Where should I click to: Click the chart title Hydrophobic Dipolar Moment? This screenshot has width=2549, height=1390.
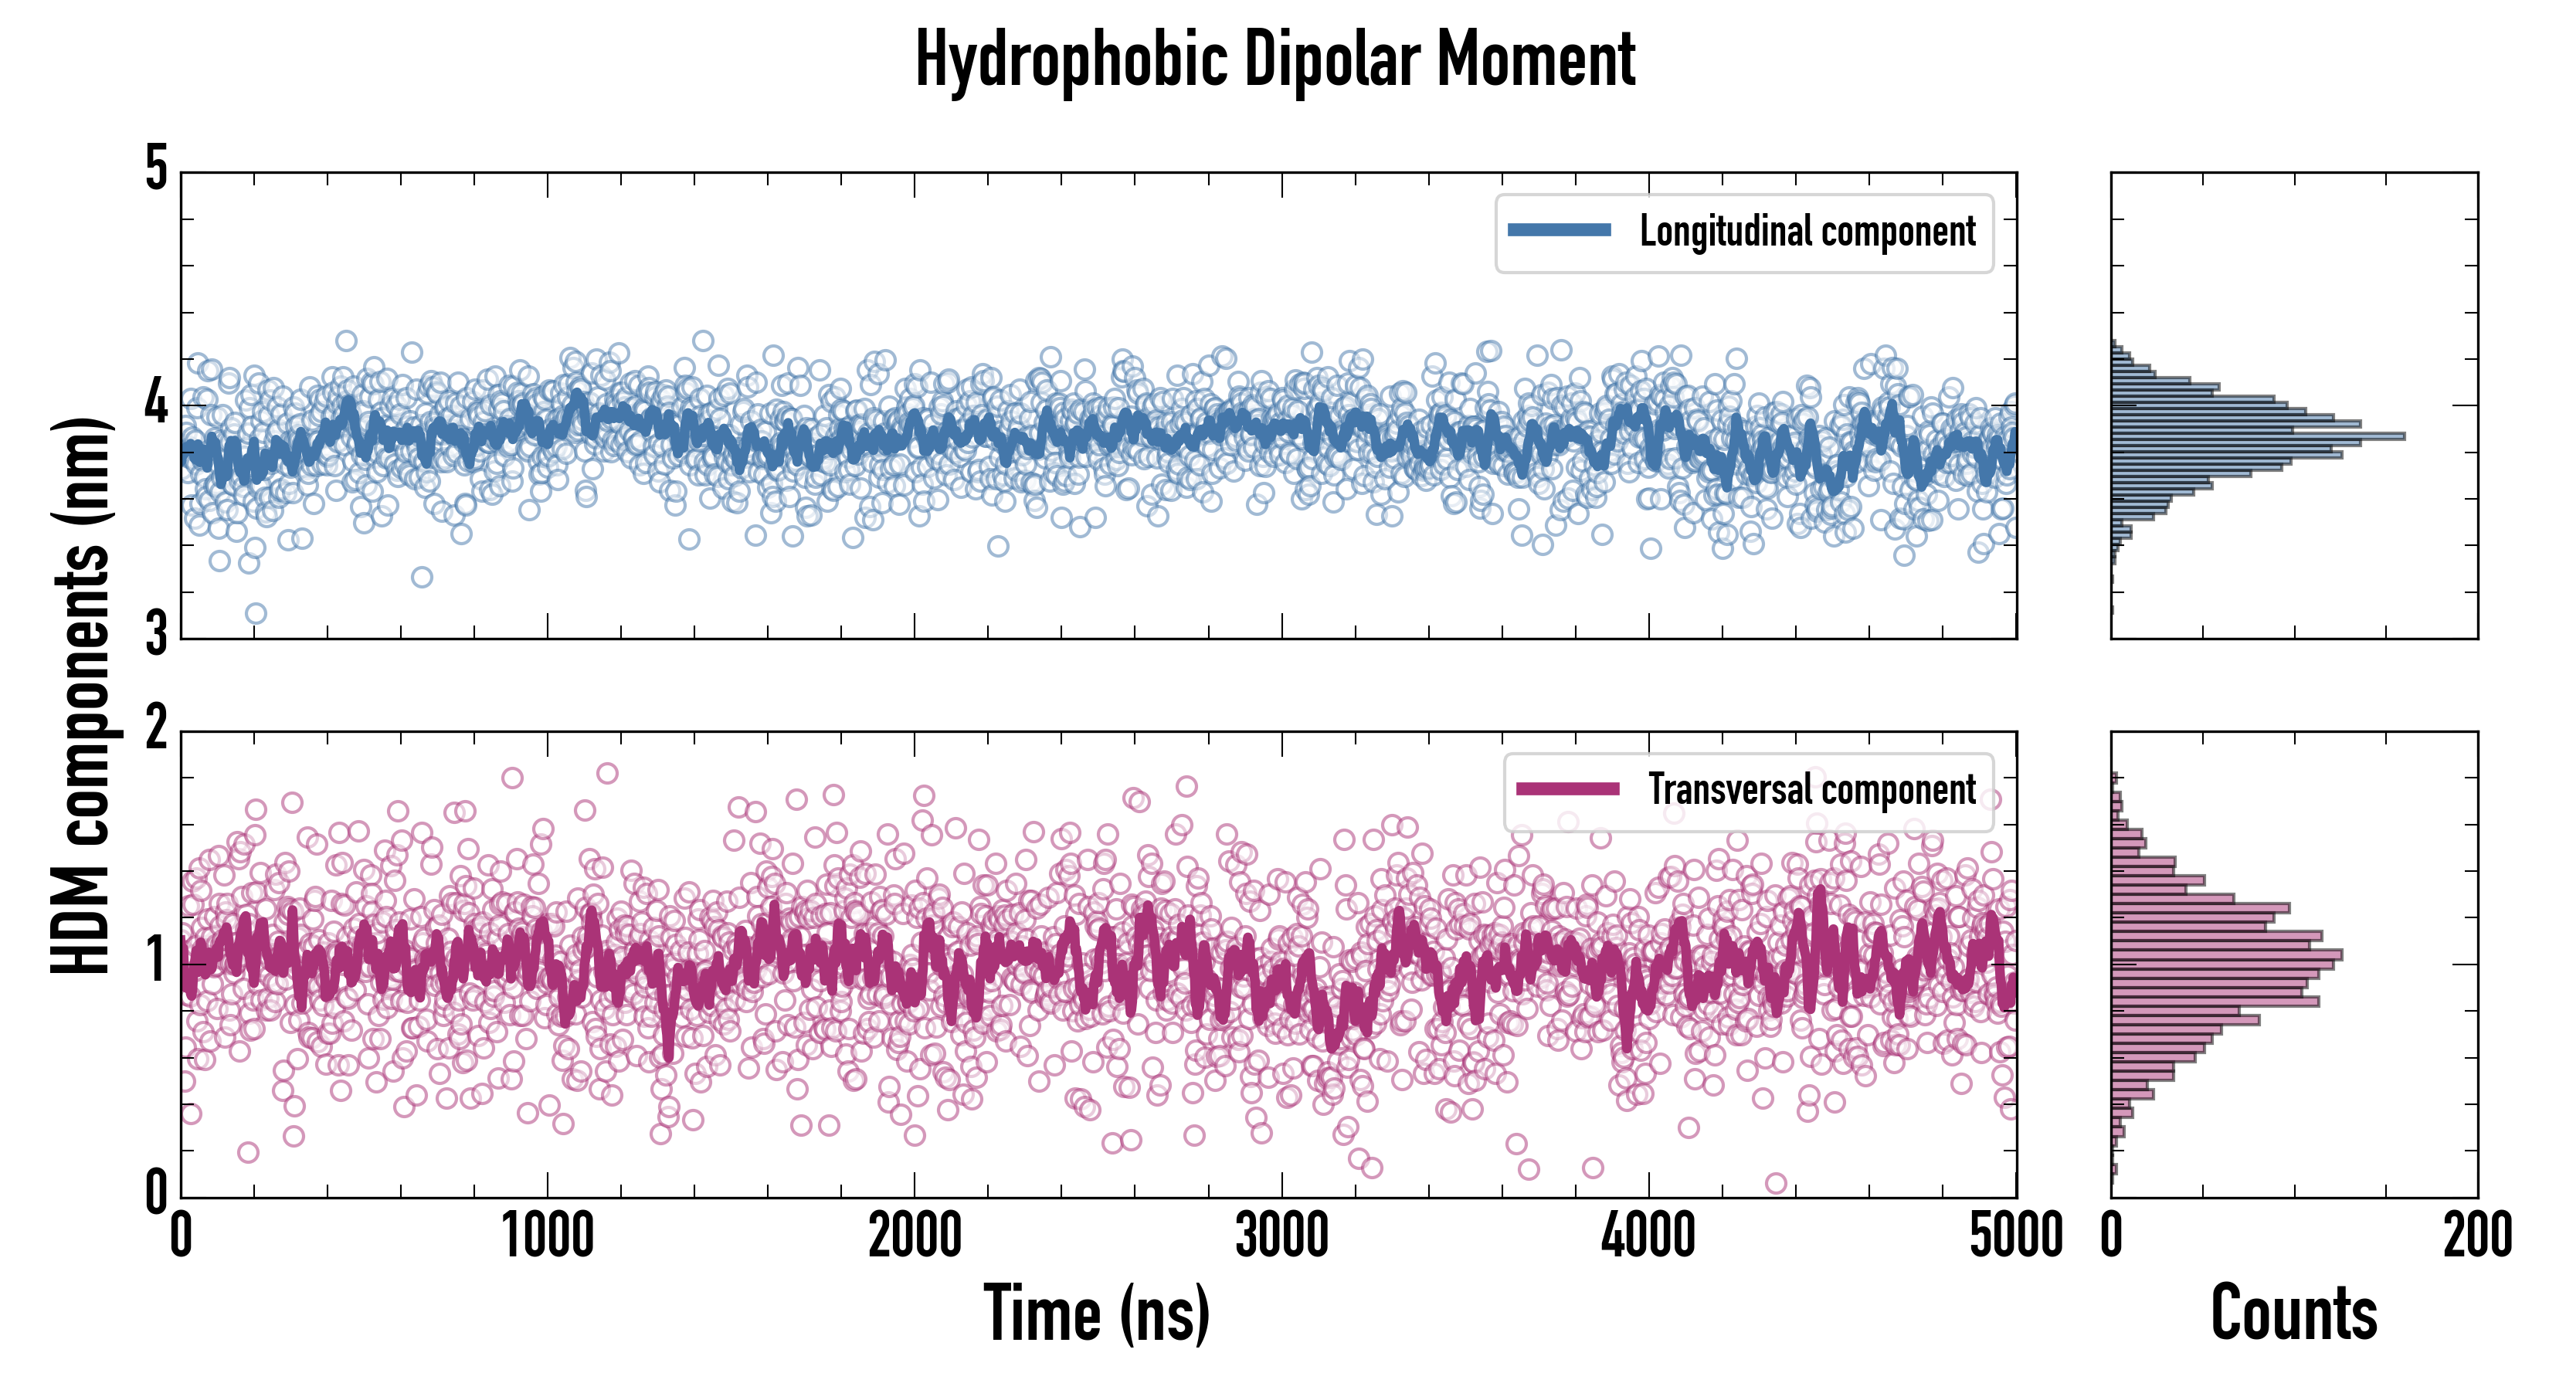click(1274, 59)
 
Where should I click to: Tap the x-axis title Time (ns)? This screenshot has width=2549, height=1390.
click(1096, 1314)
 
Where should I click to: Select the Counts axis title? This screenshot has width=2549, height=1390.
click(2293, 1314)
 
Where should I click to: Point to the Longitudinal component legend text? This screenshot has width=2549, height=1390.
click(1807, 232)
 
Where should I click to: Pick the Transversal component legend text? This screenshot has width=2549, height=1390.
click(1811, 789)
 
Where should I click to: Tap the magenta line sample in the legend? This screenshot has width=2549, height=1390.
click(1567, 788)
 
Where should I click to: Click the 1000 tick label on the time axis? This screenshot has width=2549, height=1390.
click(547, 1236)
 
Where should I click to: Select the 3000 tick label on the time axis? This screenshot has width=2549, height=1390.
click(1281, 1236)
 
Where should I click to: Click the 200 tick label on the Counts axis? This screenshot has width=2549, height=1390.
click(2476, 1236)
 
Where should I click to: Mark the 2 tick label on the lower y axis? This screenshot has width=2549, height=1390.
click(156, 729)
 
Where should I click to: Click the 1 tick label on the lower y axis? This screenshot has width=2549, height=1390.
click(156, 961)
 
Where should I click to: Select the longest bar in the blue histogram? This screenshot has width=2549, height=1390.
click(2256, 436)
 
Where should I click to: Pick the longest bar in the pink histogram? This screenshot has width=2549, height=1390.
click(2226, 954)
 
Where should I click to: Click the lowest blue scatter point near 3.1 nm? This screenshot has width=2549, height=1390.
click(256, 613)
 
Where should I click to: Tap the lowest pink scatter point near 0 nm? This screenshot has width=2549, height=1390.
click(1775, 1183)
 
